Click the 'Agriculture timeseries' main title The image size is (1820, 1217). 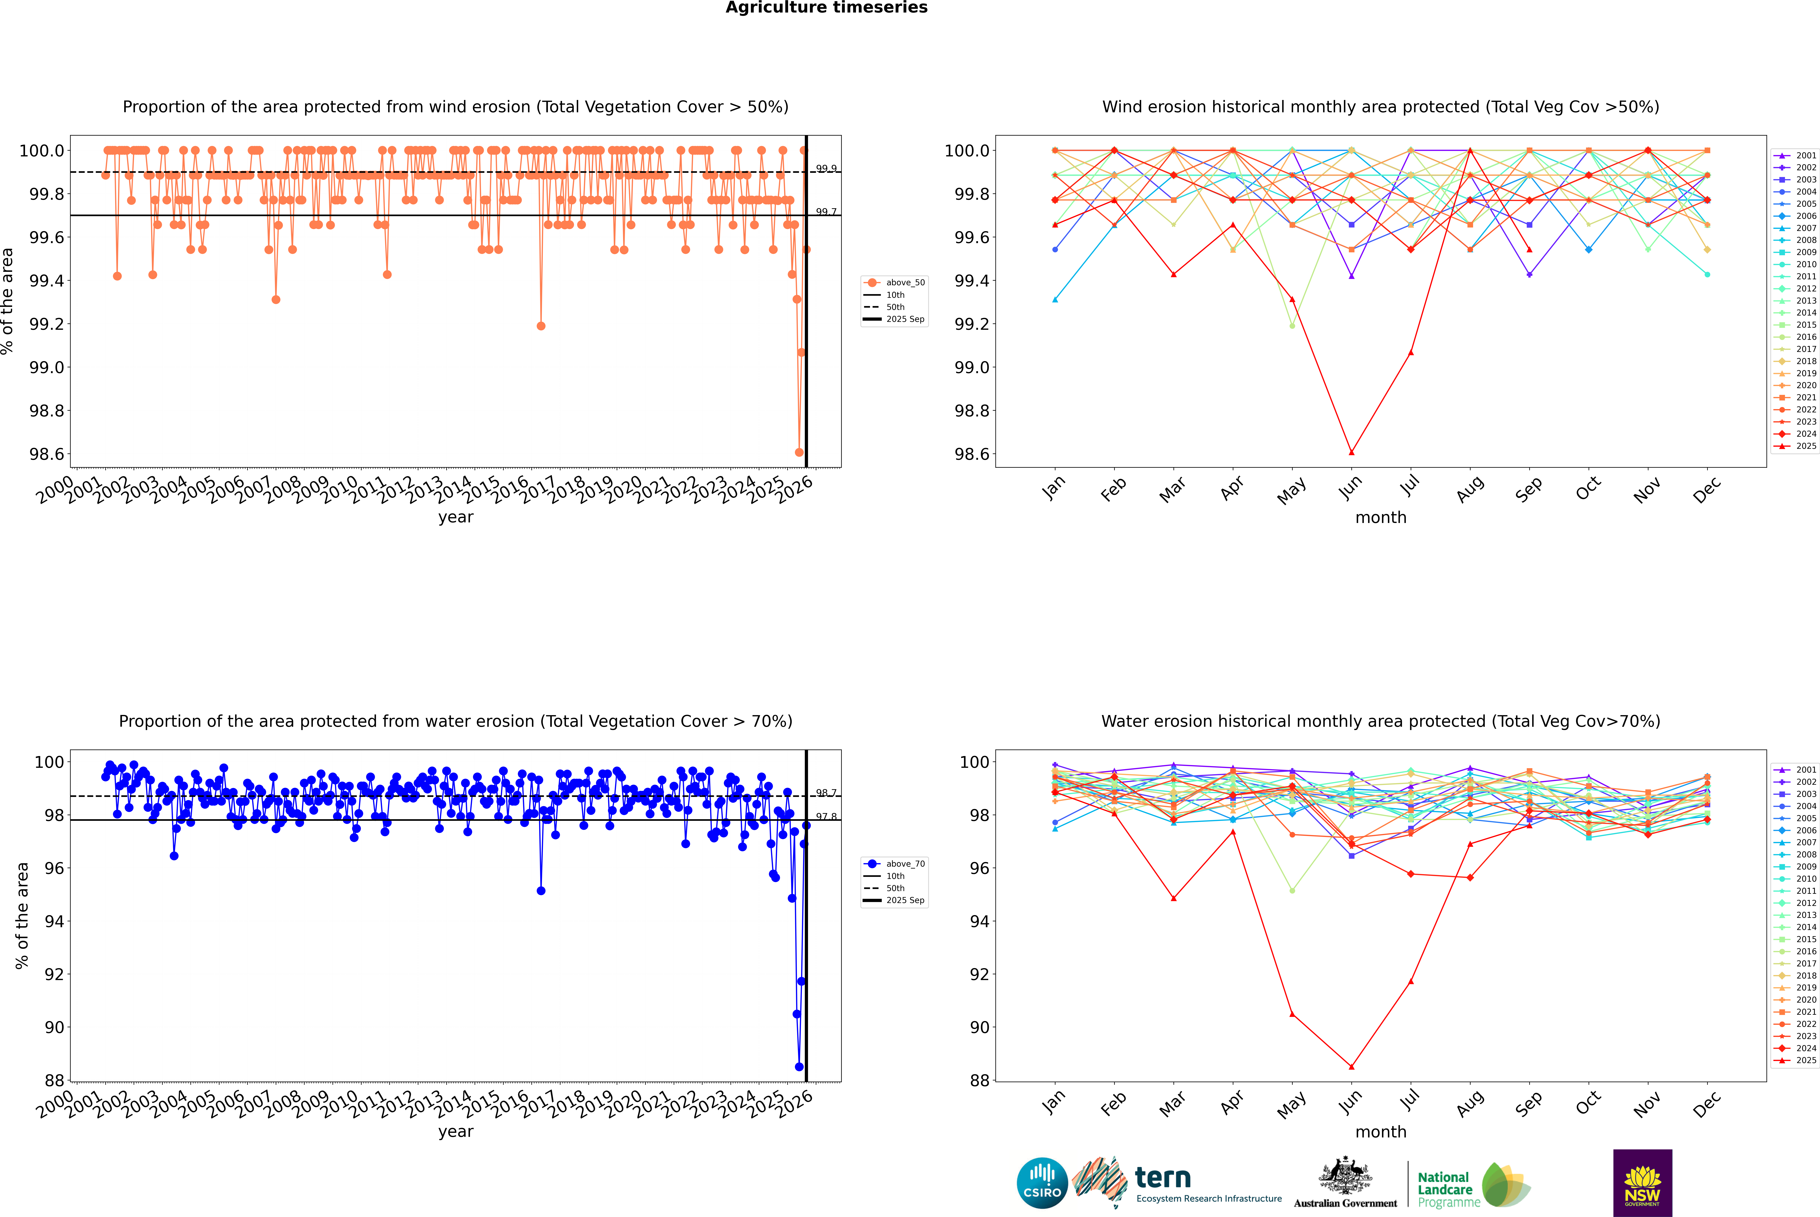coord(826,8)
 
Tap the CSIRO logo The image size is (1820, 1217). coord(1042,1183)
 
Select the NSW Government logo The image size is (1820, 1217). coord(1642,1183)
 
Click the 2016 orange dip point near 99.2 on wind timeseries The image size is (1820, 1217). coord(541,326)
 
